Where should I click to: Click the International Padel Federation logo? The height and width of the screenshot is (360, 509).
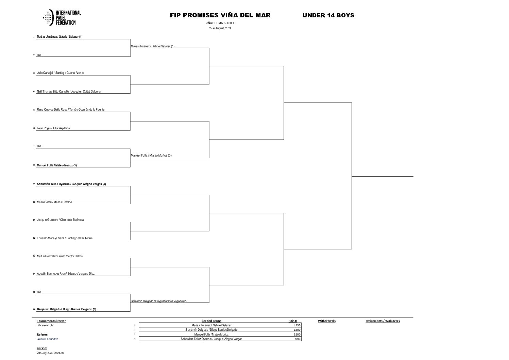click(62, 17)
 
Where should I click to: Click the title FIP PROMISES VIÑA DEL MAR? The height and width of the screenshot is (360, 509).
click(220, 15)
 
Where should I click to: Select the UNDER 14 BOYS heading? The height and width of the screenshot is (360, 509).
click(328, 15)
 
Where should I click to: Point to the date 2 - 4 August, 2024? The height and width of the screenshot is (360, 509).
click(220, 28)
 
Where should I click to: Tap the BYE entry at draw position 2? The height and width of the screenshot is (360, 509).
click(39, 55)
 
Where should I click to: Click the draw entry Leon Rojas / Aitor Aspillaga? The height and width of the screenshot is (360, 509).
click(53, 128)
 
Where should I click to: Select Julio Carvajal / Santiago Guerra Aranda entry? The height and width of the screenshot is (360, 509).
click(61, 73)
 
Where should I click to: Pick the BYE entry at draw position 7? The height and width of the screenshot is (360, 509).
click(39, 146)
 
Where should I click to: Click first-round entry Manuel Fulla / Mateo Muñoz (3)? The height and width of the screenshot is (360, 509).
click(57, 165)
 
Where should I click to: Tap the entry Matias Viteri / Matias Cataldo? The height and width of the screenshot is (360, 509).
click(54, 202)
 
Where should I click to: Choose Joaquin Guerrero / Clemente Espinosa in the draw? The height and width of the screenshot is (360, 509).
click(60, 220)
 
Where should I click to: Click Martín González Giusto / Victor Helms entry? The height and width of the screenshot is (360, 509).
click(60, 256)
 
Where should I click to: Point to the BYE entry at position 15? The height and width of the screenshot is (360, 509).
click(39, 292)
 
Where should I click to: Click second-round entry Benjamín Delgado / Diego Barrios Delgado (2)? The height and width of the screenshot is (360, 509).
click(159, 301)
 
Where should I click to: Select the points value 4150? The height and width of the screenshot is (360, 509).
click(297, 325)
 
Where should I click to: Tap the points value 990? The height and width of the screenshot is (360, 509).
click(298, 339)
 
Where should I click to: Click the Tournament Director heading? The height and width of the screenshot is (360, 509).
click(51, 321)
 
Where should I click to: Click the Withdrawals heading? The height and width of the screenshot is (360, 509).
click(327, 321)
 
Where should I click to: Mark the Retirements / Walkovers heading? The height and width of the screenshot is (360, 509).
click(383, 321)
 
